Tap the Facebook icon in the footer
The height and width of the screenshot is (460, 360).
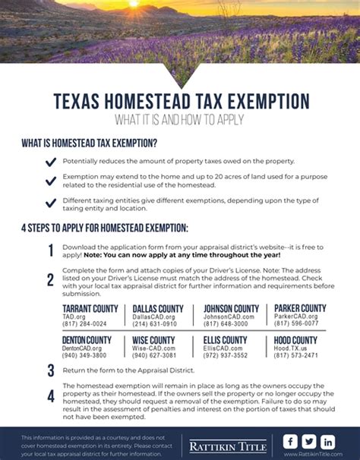290,441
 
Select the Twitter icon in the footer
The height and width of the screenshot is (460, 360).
309,441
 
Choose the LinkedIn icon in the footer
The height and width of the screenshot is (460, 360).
328,441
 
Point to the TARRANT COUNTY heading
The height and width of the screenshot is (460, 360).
90,308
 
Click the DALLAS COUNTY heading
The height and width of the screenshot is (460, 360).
158,308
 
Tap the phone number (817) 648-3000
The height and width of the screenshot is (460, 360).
225,323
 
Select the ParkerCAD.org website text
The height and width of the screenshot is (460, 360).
296,316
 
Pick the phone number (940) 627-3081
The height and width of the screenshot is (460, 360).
154,354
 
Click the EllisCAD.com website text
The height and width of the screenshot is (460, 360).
225,348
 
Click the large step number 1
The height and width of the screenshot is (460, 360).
51,251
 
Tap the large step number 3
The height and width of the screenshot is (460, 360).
51,370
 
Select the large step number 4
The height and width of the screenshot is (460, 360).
51,395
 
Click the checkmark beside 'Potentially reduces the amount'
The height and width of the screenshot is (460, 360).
51,162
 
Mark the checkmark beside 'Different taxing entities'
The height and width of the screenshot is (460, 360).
51,203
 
